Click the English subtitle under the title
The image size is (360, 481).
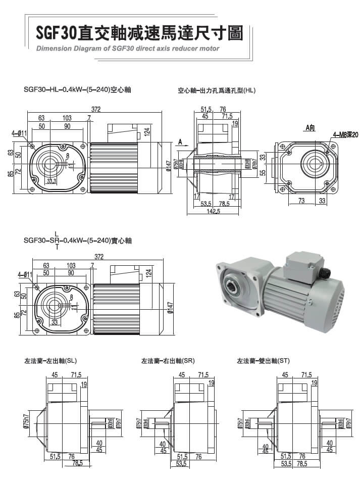point(128,49)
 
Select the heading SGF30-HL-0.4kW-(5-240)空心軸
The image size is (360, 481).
point(77,89)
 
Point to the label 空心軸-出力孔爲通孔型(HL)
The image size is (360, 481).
point(217,91)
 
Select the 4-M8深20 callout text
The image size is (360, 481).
point(345,135)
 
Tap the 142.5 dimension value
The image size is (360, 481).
point(214,212)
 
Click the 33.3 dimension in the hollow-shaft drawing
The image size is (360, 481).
point(51,181)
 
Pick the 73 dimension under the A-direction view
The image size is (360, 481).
point(301,201)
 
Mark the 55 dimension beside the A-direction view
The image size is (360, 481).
point(263,172)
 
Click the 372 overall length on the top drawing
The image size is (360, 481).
point(95,109)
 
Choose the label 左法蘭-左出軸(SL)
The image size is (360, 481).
point(50,361)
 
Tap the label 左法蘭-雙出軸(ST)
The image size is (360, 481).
point(263,361)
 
